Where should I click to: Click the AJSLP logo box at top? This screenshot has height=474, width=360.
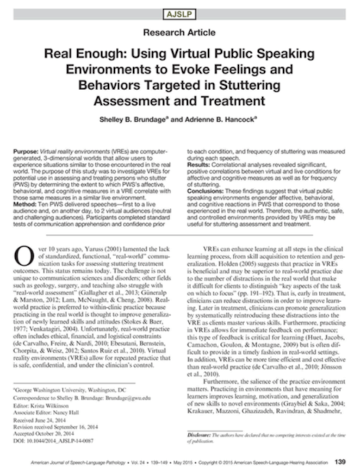click(180, 14)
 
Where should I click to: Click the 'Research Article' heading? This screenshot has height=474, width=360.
click(179, 32)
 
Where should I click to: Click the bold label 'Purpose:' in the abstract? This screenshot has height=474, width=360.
click(25, 151)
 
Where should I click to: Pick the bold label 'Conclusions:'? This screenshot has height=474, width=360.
click(206, 188)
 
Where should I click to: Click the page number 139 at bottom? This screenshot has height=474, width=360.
click(340, 462)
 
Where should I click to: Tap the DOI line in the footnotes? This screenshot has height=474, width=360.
click(53, 441)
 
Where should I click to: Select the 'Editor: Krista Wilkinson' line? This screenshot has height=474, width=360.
click(41, 405)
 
